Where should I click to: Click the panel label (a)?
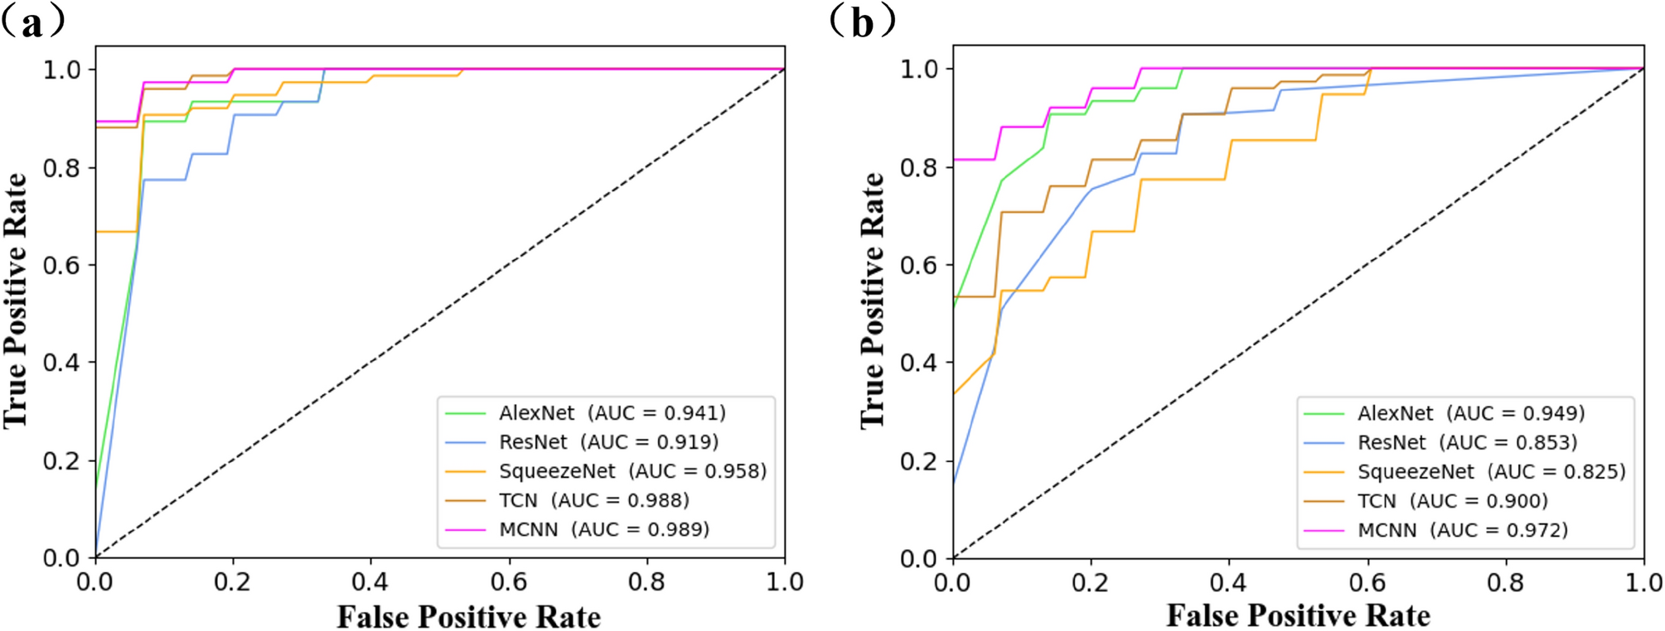click(x=33, y=23)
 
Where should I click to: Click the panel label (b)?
click(x=862, y=23)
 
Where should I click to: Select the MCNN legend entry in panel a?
click(x=603, y=529)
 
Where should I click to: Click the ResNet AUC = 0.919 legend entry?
click(x=608, y=442)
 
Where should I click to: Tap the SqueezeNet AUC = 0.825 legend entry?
click(x=1491, y=472)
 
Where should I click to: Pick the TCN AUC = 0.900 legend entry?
click(x=1452, y=501)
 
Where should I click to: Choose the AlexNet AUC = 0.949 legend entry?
click(x=1470, y=413)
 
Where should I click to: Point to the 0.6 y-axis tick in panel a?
click(x=62, y=265)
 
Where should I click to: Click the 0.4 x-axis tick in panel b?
click(x=1227, y=582)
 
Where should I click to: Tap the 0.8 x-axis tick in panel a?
click(x=646, y=582)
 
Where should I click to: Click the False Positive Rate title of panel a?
click(x=468, y=617)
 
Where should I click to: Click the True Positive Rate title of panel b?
click(x=872, y=300)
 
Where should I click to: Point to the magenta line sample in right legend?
click(x=1323, y=530)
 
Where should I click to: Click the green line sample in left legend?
click(x=465, y=412)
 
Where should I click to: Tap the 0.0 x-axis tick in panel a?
click(x=94, y=582)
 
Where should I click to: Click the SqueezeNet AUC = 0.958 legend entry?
click(x=632, y=471)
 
